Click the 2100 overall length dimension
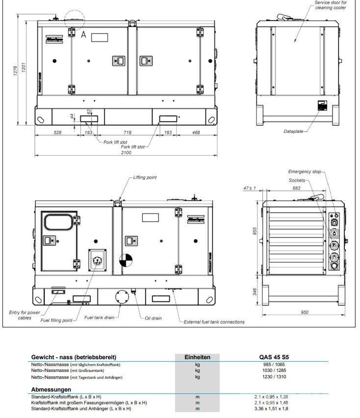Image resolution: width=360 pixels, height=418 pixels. [x=126, y=153]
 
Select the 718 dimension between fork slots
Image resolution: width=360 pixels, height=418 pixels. [x=128, y=133]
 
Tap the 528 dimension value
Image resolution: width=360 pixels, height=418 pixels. [x=57, y=133]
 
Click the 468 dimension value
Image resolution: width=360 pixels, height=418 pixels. [x=196, y=133]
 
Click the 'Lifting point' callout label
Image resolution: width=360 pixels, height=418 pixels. [x=145, y=177]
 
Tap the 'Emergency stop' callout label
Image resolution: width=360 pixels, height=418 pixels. [x=304, y=172]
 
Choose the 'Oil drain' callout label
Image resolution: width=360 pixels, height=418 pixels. [x=153, y=318]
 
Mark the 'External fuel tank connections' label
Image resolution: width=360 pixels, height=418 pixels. [x=214, y=322]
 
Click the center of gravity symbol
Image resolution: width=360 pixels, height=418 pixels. [x=126, y=260]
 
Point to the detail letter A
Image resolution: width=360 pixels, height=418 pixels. [x=83, y=34]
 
